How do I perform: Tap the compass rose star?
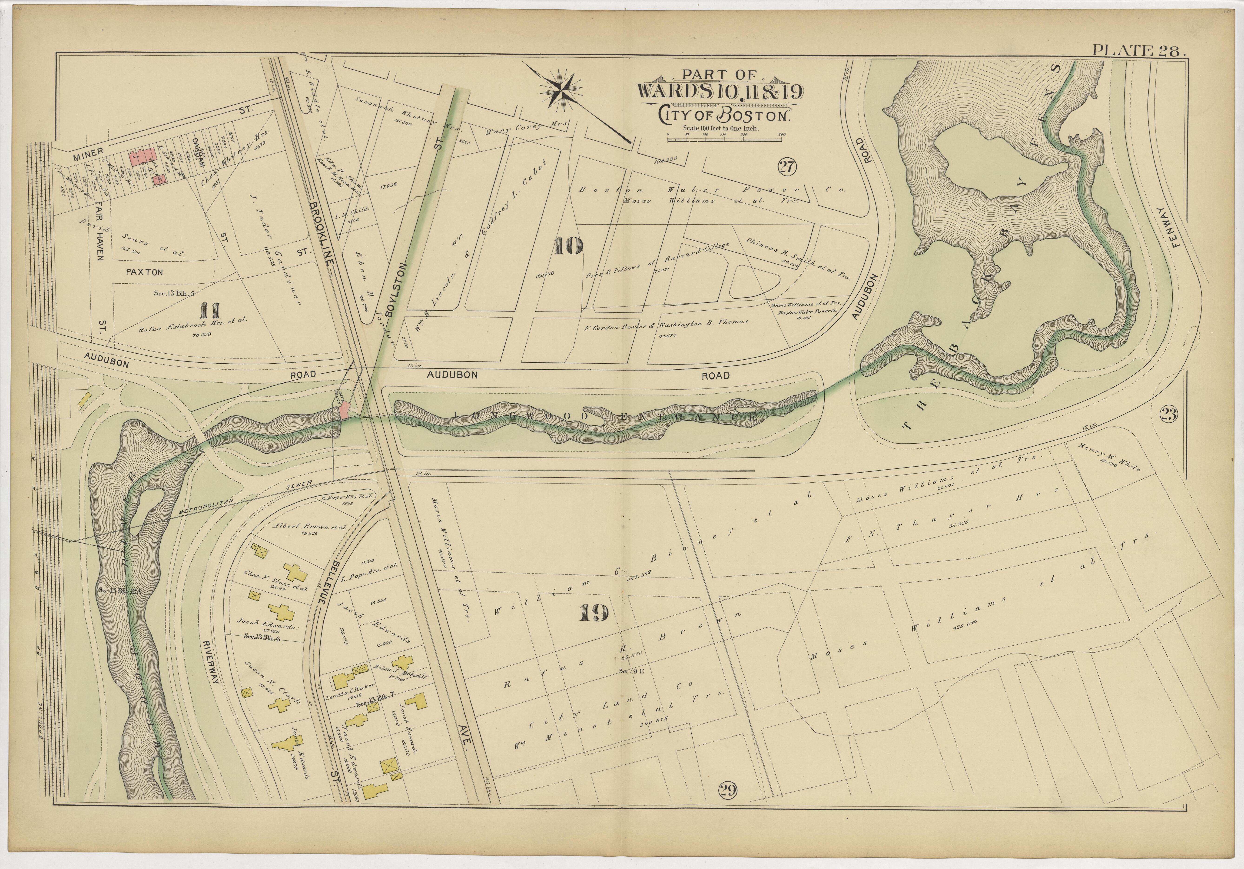click(561, 90)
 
